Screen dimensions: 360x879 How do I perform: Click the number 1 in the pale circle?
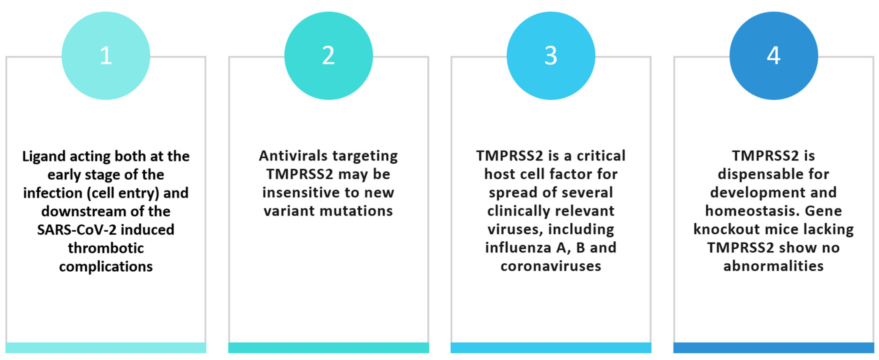(106, 56)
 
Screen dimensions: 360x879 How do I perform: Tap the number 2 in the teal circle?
(328, 56)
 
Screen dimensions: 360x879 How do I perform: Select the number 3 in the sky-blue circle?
(551, 56)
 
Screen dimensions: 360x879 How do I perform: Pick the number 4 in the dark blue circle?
(774, 56)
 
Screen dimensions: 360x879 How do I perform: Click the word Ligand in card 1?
(44, 157)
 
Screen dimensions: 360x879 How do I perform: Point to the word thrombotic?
(106, 248)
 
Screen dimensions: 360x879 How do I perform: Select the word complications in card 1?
(106, 267)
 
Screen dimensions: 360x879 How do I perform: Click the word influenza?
(519, 248)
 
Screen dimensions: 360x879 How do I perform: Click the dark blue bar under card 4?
(773, 347)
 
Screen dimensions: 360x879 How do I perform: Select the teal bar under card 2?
(328, 347)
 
